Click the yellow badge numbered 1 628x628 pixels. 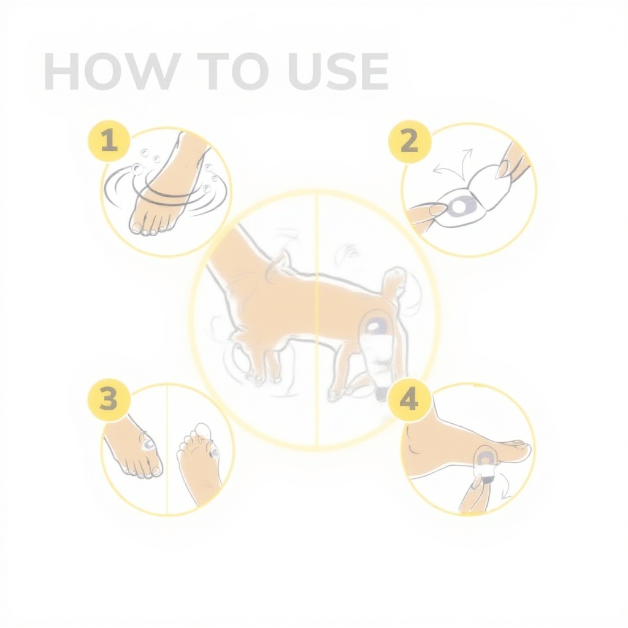click(x=109, y=142)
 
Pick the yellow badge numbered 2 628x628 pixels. click(x=409, y=142)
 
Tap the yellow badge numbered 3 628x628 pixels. click(x=109, y=399)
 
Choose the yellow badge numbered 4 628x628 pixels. click(x=409, y=399)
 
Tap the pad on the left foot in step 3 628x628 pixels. click(x=148, y=444)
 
